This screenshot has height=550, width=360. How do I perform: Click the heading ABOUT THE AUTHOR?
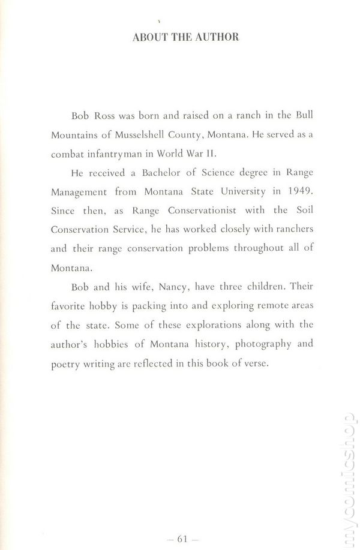pyautogui.click(x=185, y=37)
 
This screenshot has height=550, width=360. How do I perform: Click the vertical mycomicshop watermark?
pyautogui.click(x=348, y=474)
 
